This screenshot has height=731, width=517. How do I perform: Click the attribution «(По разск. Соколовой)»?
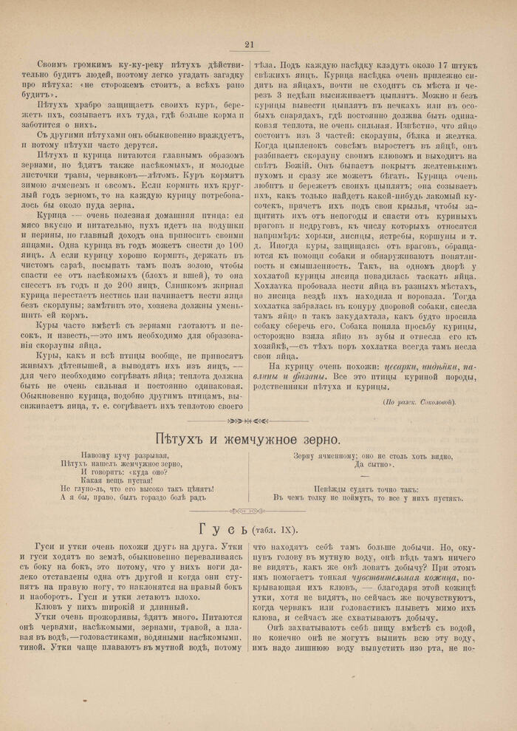pos(420,401)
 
